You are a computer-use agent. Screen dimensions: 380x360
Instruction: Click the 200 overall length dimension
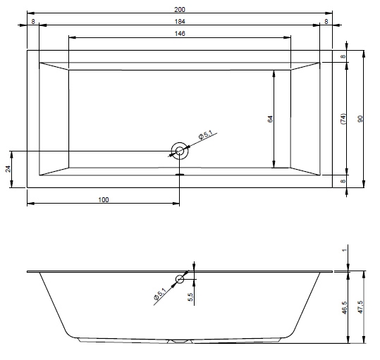point(180,9)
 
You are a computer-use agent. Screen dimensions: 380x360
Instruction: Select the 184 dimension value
point(180,22)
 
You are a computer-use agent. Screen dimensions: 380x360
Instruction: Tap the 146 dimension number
point(180,33)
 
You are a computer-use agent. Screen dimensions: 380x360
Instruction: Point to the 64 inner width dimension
point(270,119)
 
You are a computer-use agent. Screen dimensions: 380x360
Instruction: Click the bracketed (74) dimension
point(343,118)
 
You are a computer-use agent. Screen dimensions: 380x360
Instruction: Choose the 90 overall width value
point(360,118)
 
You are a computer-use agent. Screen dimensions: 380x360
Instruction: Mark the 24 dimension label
point(8,169)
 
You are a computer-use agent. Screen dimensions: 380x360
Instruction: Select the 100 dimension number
point(104,200)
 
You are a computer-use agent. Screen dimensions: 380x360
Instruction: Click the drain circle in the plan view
point(180,151)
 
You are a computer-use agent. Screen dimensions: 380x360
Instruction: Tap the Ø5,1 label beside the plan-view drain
point(205,135)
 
